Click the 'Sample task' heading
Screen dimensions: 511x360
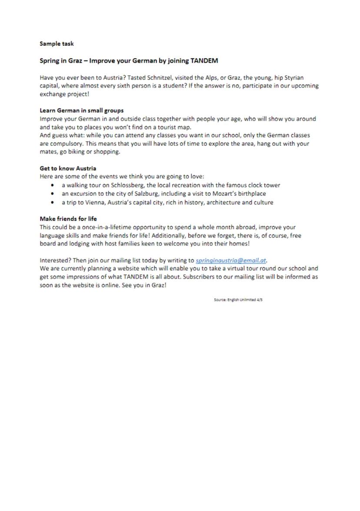coord(57,43)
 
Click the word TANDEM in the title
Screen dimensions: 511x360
coord(204,60)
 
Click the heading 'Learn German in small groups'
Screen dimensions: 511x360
coord(81,110)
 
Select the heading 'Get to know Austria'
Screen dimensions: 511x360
coord(68,168)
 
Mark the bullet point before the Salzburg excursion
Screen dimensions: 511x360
coord(53,194)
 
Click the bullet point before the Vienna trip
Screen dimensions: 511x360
coord(53,203)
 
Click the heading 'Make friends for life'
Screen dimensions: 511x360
coord(68,218)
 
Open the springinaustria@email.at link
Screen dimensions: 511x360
coord(230,261)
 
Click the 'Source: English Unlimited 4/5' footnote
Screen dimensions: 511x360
coord(238,300)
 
